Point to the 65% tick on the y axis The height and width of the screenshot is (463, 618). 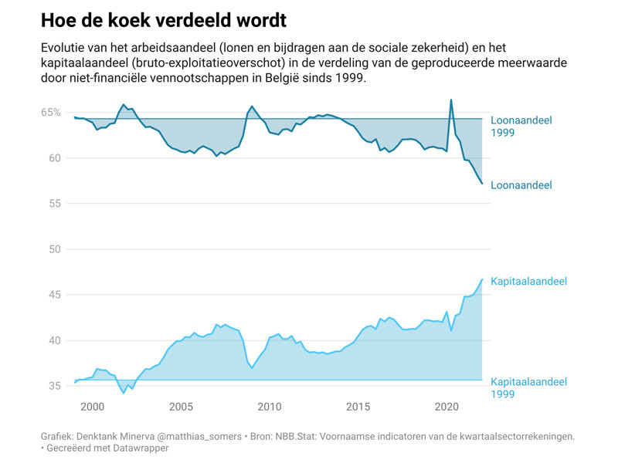51,113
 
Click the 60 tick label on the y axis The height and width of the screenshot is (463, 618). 54,158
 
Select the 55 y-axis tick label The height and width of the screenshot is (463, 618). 54,204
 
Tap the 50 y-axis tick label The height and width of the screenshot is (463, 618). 54,249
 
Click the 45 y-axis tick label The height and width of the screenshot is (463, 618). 54,295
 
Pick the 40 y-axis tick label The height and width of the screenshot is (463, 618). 54,340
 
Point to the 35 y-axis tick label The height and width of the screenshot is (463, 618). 54,386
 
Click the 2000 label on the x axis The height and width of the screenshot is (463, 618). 92,407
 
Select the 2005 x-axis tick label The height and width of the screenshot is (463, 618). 181,407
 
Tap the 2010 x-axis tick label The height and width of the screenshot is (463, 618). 270,407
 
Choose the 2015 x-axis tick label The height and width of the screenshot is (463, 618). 358,407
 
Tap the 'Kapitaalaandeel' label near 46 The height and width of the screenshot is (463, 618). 528,282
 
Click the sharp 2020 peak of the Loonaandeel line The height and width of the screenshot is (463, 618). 451,100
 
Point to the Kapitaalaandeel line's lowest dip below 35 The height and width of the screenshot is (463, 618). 124,393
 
